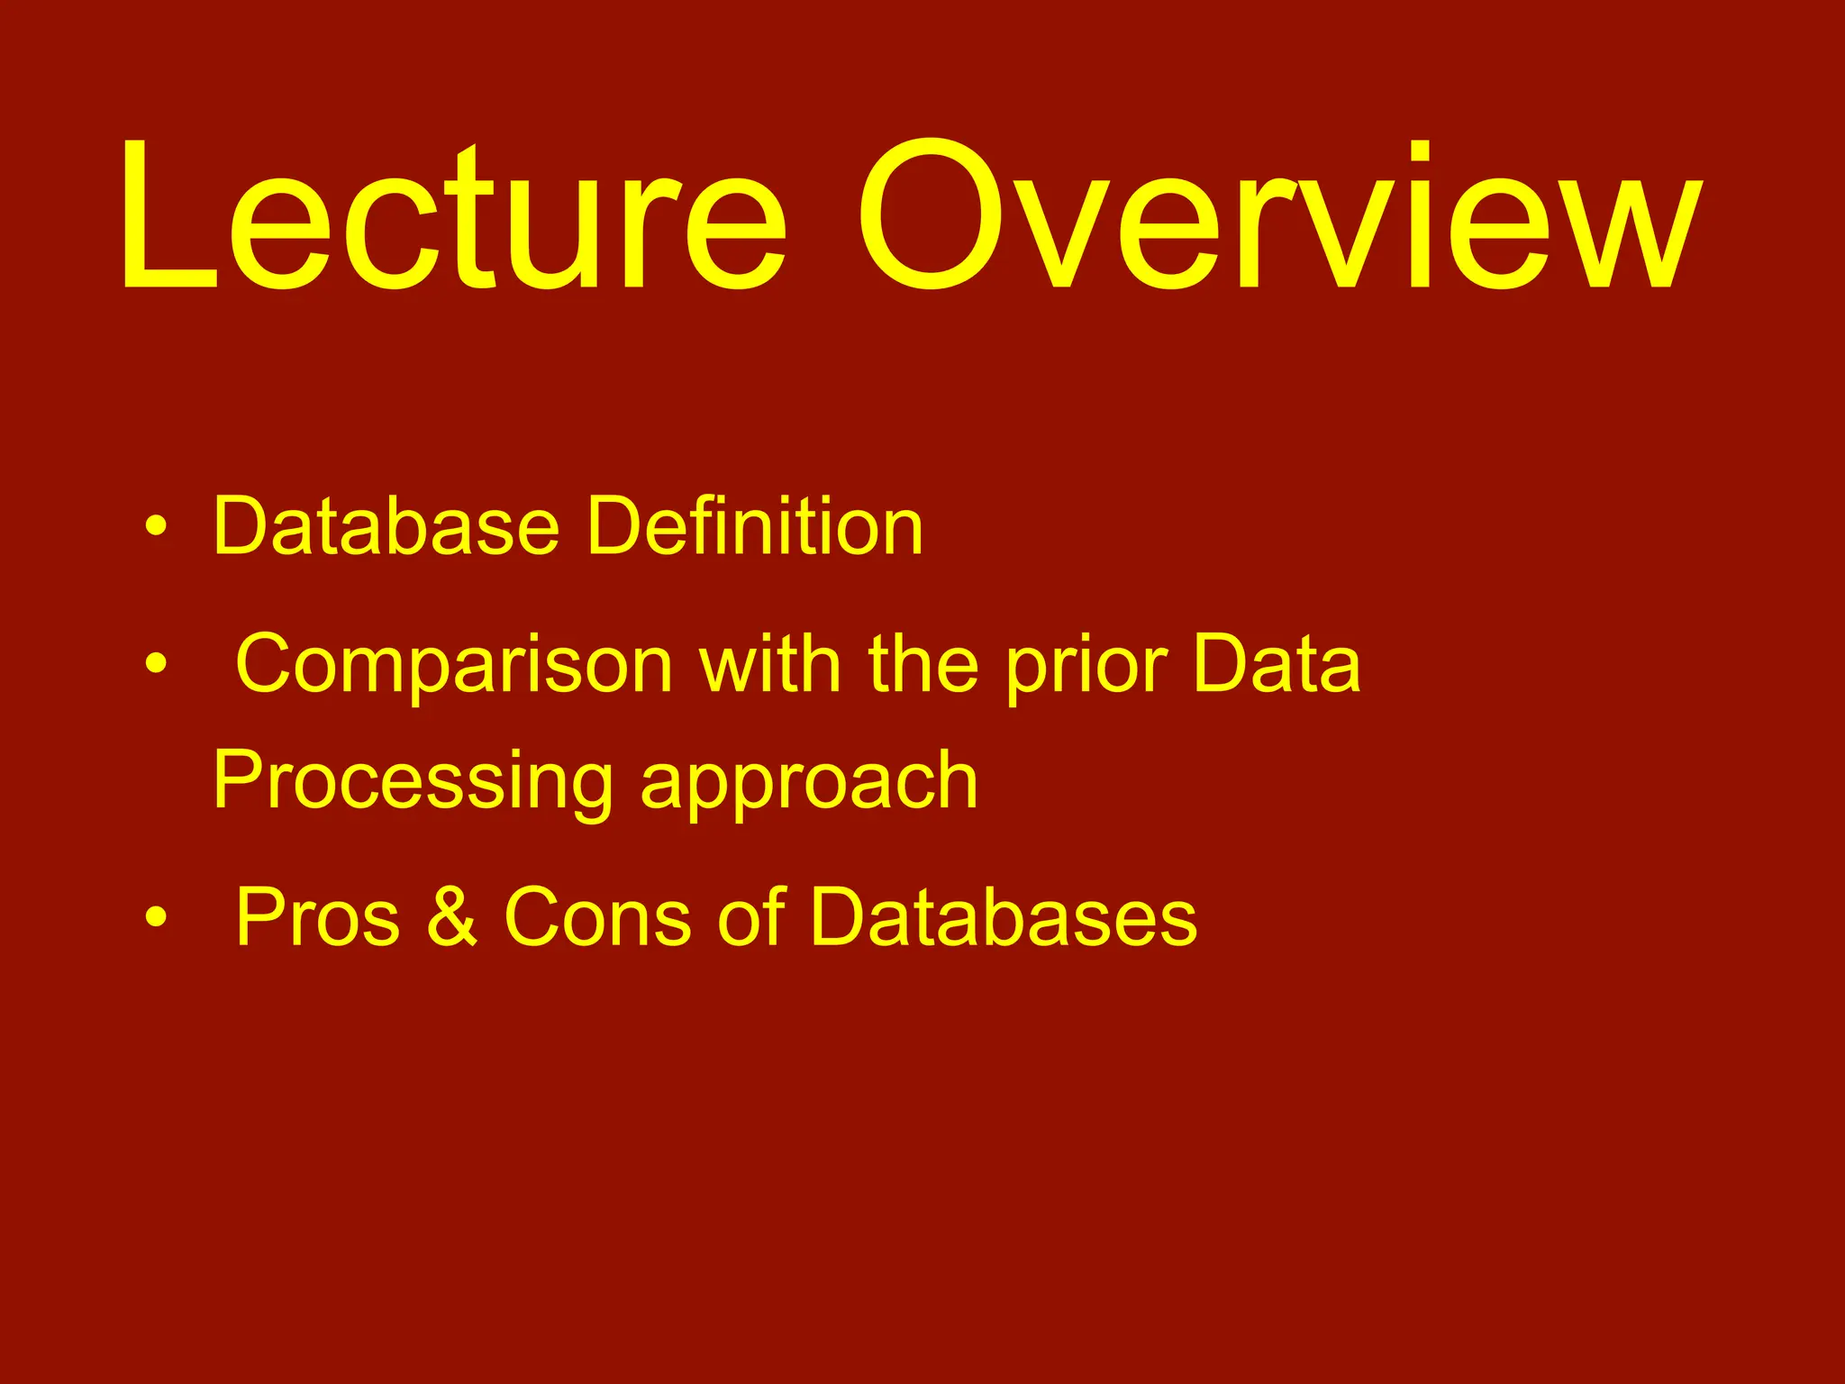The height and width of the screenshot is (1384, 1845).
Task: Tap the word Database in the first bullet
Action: tap(386, 527)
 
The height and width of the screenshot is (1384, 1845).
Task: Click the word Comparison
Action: tap(455, 667)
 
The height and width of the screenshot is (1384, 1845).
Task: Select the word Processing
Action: tap(414, 782)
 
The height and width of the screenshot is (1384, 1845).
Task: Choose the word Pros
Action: tap(317, 917)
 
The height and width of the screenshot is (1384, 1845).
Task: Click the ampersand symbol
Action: tap(452, 917)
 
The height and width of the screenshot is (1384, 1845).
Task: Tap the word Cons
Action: tap(597, 917)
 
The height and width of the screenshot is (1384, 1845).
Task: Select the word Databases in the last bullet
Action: tap(1004, 917)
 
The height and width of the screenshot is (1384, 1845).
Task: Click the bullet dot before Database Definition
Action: tap(155, 527)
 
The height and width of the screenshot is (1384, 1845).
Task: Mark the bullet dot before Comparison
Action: tap(155, 665)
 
